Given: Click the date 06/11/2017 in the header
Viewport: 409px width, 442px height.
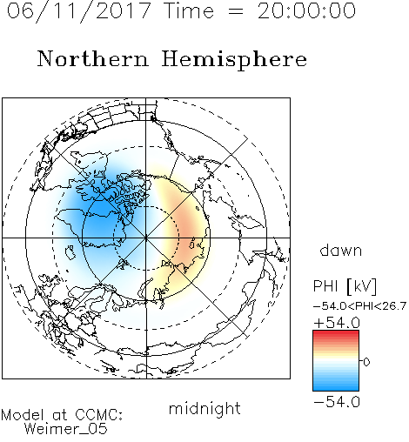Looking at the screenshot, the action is (78, 11).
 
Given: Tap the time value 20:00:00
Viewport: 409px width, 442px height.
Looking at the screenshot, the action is (306, 11).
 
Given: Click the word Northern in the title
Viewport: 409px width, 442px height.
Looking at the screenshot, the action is (93, 58).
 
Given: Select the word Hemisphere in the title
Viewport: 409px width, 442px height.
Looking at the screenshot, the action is (234, 59).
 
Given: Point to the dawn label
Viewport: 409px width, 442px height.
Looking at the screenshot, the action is (341, 250).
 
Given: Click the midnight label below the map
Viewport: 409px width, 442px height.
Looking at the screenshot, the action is (204, 408).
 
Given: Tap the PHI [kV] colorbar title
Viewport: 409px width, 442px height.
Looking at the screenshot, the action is (345, 286).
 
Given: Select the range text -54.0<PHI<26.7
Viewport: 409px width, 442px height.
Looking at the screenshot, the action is (359, 306).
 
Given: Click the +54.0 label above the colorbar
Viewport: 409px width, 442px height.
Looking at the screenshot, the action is (337, 323).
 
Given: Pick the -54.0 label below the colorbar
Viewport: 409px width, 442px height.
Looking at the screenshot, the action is (337, 402).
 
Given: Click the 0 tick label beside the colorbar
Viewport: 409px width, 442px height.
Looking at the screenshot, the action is (366, 362).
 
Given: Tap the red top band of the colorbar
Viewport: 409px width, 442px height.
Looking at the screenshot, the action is (336, 333).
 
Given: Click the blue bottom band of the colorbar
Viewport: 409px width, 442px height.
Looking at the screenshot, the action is (336, 387).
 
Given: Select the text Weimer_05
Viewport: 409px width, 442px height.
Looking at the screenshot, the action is (66, 429).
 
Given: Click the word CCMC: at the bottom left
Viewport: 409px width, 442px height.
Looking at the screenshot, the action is (99, 415).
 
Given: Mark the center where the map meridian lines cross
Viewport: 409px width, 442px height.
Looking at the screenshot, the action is (146, 238).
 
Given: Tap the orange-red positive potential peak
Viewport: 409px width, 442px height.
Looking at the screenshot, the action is (185, 229).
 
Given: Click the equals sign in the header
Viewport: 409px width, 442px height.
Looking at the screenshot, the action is (236, 11).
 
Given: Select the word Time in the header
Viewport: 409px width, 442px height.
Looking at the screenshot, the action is (189, 11).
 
